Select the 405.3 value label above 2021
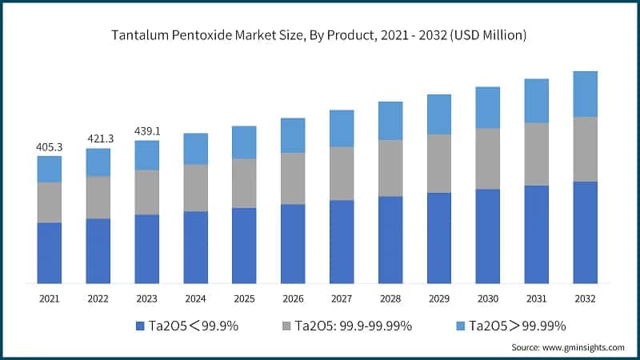pos(50,147)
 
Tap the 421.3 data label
pos(98,138)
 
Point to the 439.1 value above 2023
pos(147,131)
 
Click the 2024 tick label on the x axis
pos(195,298)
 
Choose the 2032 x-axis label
pos(585,298)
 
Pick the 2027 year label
pos(342,298)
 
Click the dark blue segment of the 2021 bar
pos(50,253)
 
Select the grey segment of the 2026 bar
pos(293,178)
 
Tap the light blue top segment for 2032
pos(585,94)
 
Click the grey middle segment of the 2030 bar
pos(487,158)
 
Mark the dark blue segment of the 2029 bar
pos(438,238)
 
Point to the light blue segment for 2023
pos(147,155)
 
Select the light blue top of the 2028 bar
pos(390,121)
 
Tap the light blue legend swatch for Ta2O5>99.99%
pos(462,326)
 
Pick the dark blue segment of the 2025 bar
pos(244,246)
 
